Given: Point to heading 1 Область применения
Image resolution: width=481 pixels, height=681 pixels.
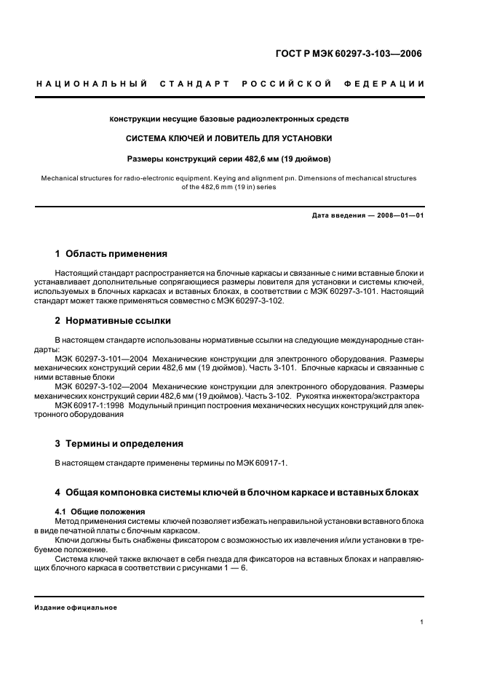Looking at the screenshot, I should click(x=111, y=254).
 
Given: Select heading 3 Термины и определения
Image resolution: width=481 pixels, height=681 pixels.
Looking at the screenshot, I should click(x=119, y=443).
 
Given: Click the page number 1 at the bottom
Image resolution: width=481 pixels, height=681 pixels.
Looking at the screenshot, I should click(x=422, y=621).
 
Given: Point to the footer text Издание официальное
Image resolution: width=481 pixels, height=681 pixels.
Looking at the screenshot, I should click(x=76, y=607).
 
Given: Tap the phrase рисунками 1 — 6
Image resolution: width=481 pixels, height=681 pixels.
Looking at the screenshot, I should click(x=221, y=567).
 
